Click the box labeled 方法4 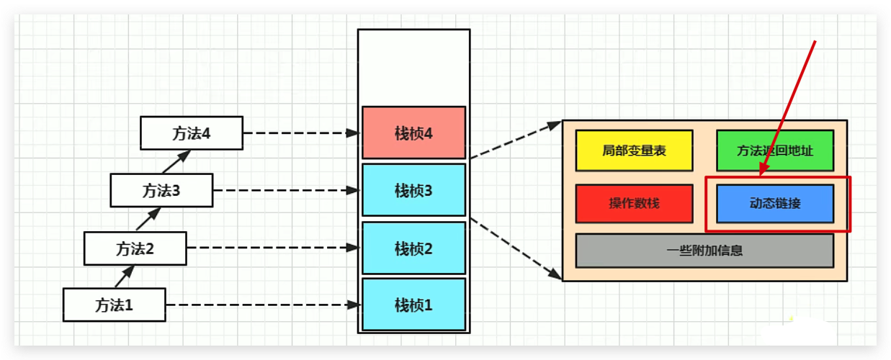click(191, 133)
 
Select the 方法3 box click(161, 191)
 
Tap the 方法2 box click(135, 248)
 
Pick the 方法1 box click(114, 305)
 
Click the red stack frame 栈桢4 click(413, 133)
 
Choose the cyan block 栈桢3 click(413, 191)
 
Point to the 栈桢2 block click(413, 248)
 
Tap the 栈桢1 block click(413, 305)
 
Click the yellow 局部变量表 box click(634, 150)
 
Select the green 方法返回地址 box click(774, 150)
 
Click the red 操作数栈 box click(634, 203)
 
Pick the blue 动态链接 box click(774, 203)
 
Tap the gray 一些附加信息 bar click(704, 251)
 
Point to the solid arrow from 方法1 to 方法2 click(125, 276)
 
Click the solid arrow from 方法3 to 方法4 click(176, 162)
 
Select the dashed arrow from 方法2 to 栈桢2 click(272, 248)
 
